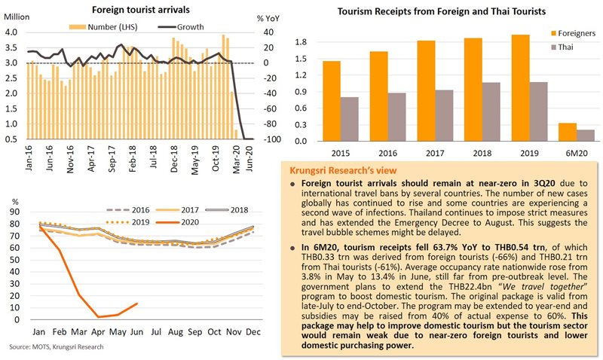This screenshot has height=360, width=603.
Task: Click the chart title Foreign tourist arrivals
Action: click(x=140, y=10)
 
